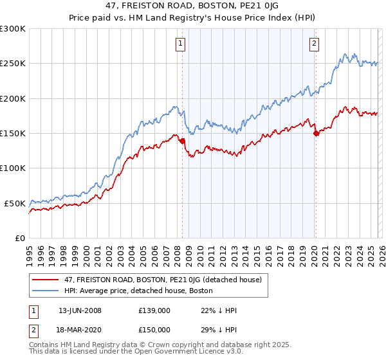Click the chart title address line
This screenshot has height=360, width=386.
click(192, 5)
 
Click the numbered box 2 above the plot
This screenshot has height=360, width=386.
click(314, 44)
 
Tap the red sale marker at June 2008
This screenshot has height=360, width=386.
click(182, 141)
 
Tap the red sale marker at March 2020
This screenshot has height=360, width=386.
click(316, 133)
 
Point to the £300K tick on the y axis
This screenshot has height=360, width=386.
click(13, 29)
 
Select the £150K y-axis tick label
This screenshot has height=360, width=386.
click(13, 134)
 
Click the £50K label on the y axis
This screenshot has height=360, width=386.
click(15, 203)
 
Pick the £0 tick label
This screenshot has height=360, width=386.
click(19, 238)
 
